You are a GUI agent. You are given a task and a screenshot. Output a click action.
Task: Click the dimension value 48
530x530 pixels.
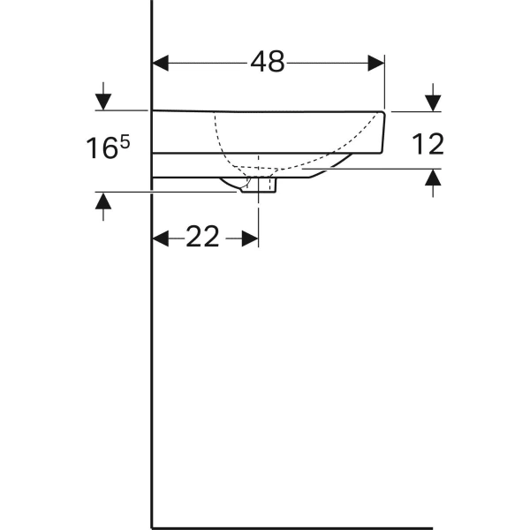[268, 61]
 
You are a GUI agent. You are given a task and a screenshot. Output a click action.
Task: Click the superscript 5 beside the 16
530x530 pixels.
[125, 141]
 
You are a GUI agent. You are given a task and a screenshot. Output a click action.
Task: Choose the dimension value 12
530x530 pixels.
[428, 144]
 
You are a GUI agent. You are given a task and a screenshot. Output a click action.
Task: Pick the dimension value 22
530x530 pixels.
[202, 238]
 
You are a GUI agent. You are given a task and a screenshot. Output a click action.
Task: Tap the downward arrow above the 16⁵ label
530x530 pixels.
[103, 100]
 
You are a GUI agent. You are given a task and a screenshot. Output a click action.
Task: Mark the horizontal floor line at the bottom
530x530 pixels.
[291, 527]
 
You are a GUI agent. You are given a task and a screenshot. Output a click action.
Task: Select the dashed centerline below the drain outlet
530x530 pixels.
[258, 212]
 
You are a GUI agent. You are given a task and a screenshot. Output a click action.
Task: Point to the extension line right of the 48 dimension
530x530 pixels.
[386, 84]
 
